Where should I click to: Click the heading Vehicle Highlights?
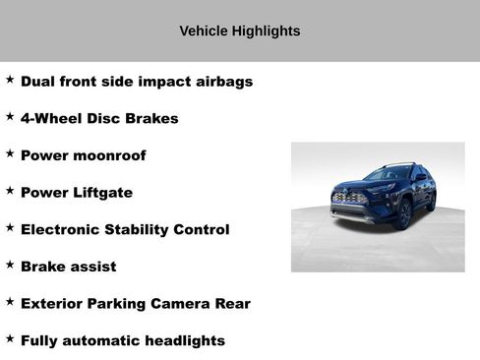tap(240, 30)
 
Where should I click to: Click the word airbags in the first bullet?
tap(222, 82)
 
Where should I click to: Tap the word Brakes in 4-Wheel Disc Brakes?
tap(151, 119)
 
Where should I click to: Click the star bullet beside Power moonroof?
tap(10, 153)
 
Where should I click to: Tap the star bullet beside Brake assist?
tap(10, 265)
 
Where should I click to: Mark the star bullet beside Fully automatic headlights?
tap(10, 338)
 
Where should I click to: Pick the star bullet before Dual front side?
tap(10, 79)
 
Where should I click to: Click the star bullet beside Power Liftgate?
tap(10, 190)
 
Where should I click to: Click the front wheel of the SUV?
tap(403, 214)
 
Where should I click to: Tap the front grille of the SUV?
tap(350, 199)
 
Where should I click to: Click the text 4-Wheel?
tap(50, 119)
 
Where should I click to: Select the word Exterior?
tap(55, 304)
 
